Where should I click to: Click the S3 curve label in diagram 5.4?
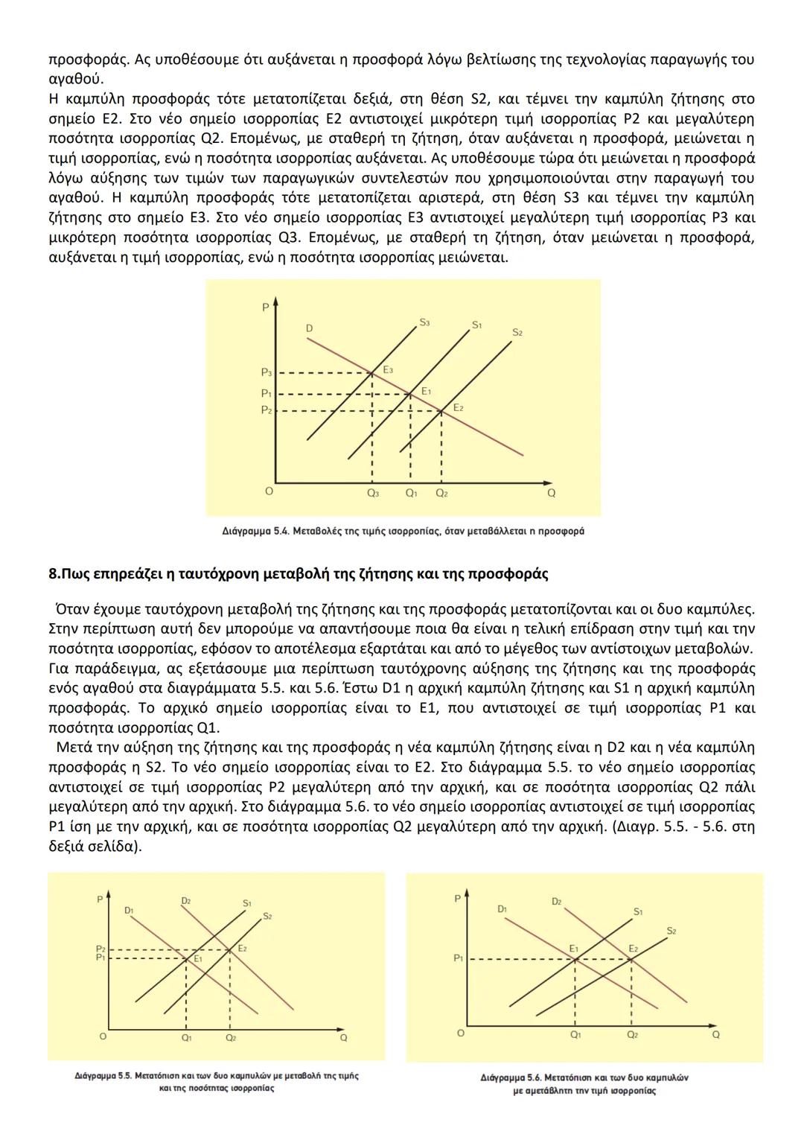424,323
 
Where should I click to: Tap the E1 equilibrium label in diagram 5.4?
426,391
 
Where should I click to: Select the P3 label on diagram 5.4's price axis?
266,372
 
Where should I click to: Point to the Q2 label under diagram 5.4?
441,493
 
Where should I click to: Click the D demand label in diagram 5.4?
309,328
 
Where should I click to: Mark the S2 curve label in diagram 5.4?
517,332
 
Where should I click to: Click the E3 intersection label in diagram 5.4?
388,369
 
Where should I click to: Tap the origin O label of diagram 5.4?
269,491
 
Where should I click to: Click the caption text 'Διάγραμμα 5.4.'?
255,532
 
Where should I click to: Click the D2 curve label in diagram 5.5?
186,901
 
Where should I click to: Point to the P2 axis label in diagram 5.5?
100,949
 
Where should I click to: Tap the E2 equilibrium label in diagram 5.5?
242,949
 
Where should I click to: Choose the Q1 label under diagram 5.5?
186,1037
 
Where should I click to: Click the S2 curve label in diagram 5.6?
671,931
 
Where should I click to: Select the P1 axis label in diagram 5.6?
459,959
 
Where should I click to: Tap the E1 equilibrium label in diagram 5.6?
574,948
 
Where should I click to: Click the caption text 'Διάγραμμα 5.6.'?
511,1077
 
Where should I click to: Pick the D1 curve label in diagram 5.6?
502,909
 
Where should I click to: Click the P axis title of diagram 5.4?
264,308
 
